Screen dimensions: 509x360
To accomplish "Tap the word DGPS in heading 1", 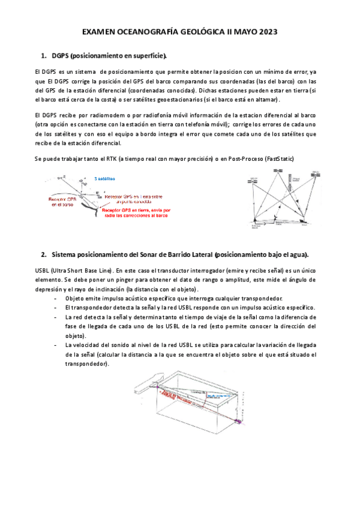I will pos(60,56).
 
